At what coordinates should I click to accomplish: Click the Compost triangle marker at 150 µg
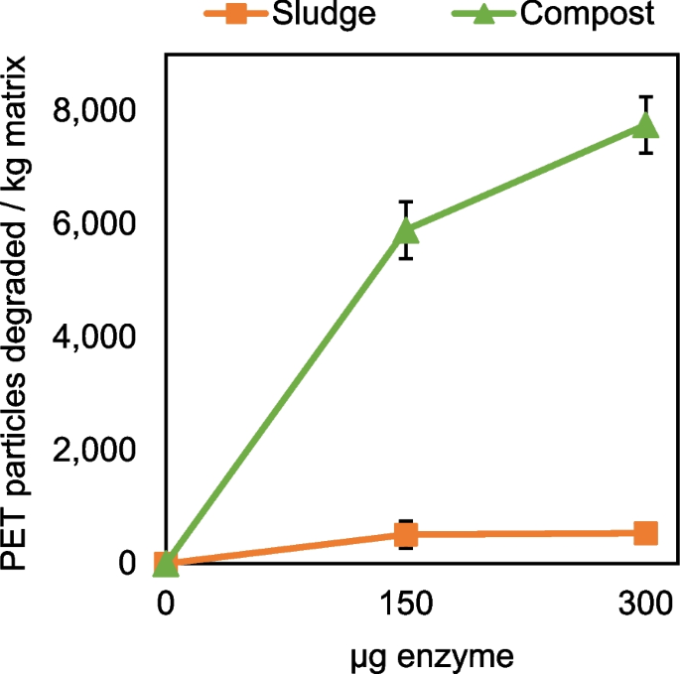coord(405,230)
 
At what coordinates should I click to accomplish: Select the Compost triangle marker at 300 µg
coord(645,124)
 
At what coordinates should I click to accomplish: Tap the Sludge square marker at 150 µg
coord(405,535)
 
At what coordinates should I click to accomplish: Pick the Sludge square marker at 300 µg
coord(645,533)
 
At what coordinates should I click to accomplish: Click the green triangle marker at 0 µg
coord(166,563)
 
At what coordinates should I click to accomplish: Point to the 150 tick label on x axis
coord(405,604)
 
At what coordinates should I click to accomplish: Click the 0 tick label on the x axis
coord(166,604)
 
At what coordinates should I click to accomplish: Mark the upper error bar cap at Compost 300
coord(645,96)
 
